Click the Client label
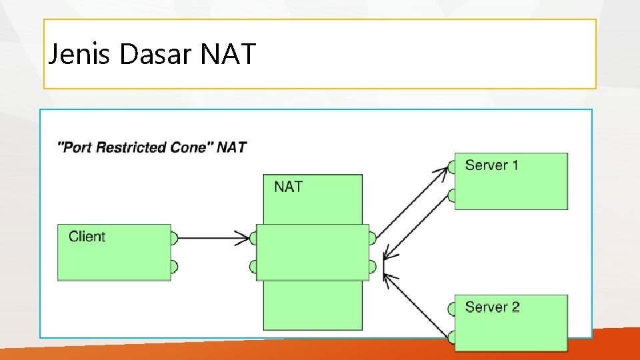[87, 236]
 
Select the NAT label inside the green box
[288, 187]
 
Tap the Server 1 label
[491, 165]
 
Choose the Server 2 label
[492, 307]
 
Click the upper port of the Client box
[174, 238]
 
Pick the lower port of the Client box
[174, 267]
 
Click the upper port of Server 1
[451, 166]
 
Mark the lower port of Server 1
[451, 195]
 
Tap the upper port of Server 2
[451, 309]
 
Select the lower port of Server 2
[451, 337]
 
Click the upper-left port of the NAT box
[253, 238]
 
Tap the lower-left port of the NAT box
[253, 267]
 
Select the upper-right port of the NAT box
[372, 238]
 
